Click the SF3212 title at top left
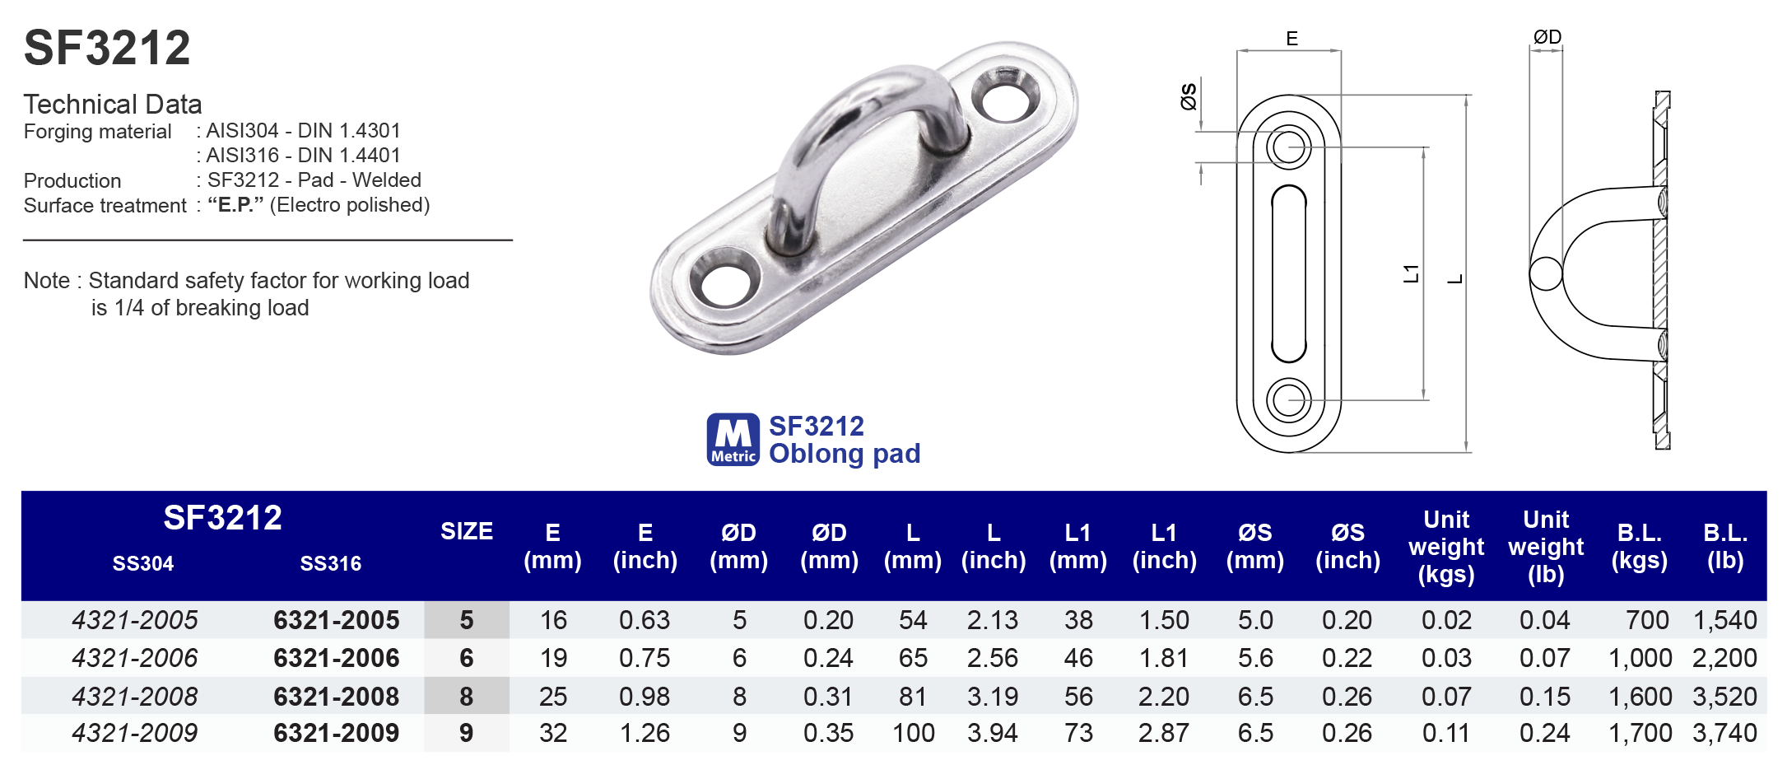[107, 48]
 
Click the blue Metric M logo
[733, 440]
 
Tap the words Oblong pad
[845, 454]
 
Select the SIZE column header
[467, 531]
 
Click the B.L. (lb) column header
[1725, 546]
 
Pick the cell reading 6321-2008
[336, 697]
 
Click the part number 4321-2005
[135, 620]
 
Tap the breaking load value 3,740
[1724, 733]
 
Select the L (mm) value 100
[913, 733]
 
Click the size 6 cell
[467, 658]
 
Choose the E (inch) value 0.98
[645, 697]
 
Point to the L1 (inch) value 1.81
[1164, 658]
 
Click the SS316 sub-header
[330, 564]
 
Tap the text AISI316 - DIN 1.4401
[303, 156]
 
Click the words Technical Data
[113, 105]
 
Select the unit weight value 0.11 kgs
[1446, 733]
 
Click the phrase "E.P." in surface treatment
[235, 205]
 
